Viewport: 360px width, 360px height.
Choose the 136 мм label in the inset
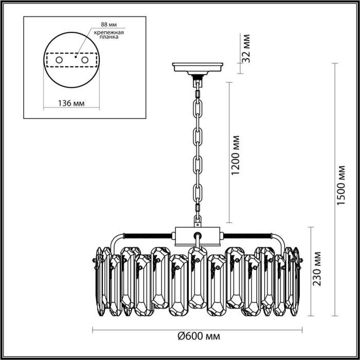point(70,103)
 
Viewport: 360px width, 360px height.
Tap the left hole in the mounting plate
point(59,61)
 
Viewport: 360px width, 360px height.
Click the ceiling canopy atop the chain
point(198,67)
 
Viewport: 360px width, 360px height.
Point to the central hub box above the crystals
point(198,236)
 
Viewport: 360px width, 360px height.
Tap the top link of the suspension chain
point(197,93)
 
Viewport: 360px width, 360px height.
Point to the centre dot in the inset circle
point(76,58)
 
